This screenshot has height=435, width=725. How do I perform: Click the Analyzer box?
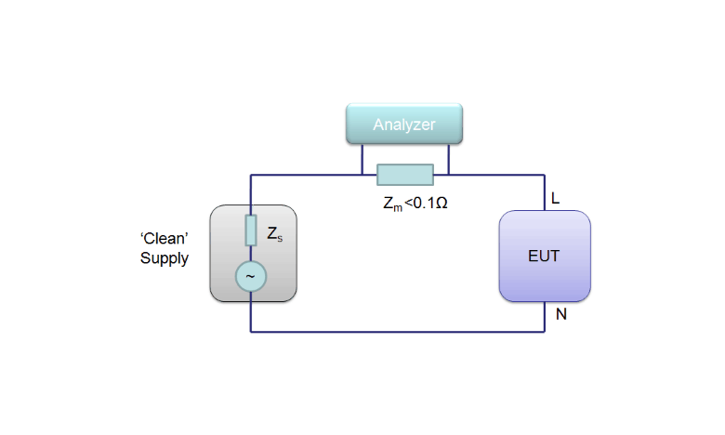(404, 124)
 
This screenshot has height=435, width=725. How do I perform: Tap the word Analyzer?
(404, 125)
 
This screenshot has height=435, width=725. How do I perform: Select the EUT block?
(545, 257)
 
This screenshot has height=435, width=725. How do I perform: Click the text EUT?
(544, 256)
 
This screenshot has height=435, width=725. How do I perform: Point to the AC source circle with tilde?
(251, 276)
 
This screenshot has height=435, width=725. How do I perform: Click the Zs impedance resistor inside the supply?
(251, 231)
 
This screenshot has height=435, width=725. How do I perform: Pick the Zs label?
(274, 234)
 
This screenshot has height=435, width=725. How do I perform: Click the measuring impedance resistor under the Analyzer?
(405, 175)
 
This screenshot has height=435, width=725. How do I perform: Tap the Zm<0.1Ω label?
(415, 204)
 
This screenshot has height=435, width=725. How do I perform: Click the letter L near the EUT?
(555, 198)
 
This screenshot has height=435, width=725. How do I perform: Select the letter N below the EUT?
(560, 314)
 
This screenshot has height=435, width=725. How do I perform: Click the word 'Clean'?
(165, 238)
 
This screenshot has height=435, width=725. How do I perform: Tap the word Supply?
(165, 258)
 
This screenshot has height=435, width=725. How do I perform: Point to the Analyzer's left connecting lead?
(362, 160)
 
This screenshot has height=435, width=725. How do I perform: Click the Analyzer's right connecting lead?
(449, 160)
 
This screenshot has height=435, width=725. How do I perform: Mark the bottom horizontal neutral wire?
(398, 332)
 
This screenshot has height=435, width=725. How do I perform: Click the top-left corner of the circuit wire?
(251, 175)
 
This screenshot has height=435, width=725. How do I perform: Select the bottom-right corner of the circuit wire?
(545, 332)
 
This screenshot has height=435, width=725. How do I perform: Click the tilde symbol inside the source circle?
(251, 276)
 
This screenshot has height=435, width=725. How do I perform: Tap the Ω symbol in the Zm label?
(442, 203)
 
